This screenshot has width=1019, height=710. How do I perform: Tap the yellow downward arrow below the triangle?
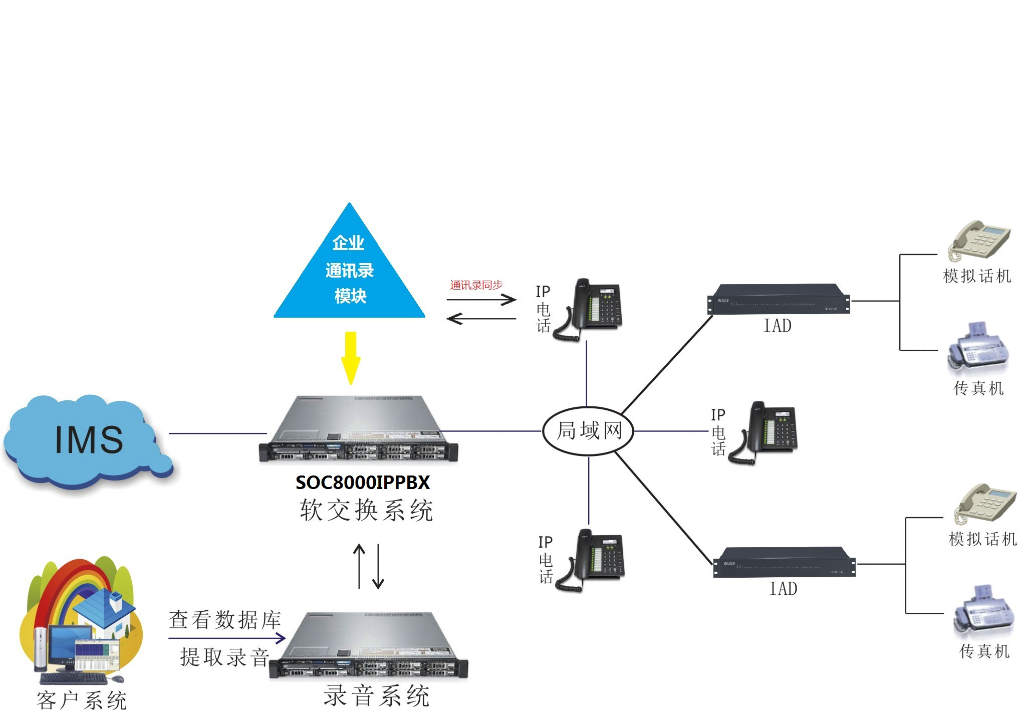[351, 357]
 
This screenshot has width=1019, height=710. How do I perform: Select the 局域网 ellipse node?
[589, 431]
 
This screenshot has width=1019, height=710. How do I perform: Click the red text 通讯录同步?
[476, 285]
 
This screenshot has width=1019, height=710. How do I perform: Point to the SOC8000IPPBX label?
[363, 483]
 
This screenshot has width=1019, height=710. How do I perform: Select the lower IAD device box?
[784, 563]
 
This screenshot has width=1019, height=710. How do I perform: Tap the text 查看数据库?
[224, 620]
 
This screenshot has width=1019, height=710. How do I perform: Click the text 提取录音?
[224, 657]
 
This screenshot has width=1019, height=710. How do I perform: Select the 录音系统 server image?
[368, 646]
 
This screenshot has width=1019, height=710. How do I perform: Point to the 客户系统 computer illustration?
[80, 621]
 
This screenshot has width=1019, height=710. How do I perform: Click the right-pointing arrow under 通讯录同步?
[481, 300]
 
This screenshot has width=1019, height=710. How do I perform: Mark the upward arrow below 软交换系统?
[359, 566]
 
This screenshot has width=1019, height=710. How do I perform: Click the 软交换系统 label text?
[366, 511]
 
